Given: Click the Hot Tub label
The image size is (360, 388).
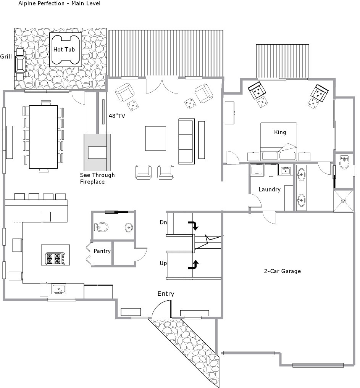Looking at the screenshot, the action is point(64,50).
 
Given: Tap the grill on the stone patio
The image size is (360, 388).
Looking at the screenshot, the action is point(20,64).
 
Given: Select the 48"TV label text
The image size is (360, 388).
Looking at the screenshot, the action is point(117,116).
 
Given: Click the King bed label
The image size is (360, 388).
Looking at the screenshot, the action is point(280,132).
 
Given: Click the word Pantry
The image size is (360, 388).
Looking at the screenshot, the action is point(102,251).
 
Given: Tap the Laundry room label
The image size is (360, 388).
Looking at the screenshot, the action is point(270,190).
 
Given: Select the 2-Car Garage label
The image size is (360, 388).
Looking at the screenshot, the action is point(283,271).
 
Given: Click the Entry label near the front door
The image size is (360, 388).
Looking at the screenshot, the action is point(166,294).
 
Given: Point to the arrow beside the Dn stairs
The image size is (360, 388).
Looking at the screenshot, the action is point(194,225).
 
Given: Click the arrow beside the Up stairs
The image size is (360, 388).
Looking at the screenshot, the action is point(194,264).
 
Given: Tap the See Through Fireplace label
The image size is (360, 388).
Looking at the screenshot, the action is point(97,179).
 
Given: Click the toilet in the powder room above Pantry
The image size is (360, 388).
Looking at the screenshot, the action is point(101,227).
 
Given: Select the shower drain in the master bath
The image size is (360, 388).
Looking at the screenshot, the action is point(344,201).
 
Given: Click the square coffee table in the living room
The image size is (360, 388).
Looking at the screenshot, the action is point(155,138).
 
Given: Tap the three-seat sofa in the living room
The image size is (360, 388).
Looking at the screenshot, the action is point(186,141).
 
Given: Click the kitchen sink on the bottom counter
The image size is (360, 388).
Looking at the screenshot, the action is point(59,289).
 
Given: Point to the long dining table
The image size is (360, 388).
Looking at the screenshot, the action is point(44,137).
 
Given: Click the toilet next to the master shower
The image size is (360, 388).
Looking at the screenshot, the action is point(344,162).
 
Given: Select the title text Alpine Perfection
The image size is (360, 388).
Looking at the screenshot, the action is point(41,3).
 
